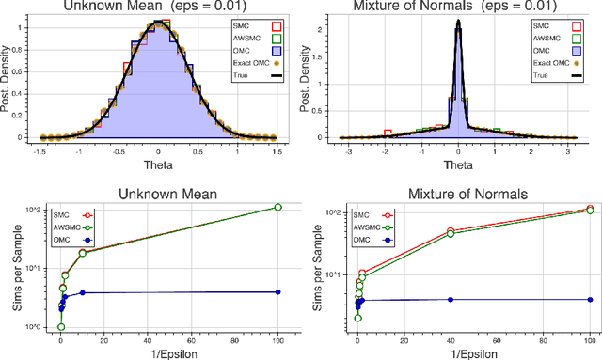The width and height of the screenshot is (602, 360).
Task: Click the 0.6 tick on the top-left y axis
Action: pos(25,70)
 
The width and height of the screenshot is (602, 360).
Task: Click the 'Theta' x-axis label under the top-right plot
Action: pos(457,163)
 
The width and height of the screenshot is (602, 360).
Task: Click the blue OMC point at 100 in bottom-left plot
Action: pos(277,292)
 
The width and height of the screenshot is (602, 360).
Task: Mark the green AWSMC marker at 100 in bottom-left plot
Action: pos(277,207)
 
